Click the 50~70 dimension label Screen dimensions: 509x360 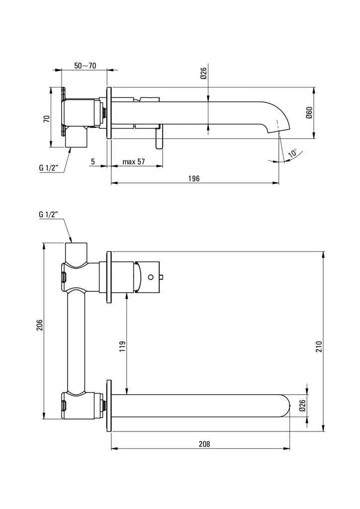tap(85, 66)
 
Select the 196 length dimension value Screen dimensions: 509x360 tap(194, 178)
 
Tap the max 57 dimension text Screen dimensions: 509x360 tap(133, 162)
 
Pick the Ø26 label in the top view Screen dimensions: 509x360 tap(203, 74)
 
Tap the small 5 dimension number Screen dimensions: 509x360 tap(93, 162)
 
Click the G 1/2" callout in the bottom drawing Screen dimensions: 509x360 tap(49, 215)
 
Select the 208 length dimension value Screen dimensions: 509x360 tap(204, 444)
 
